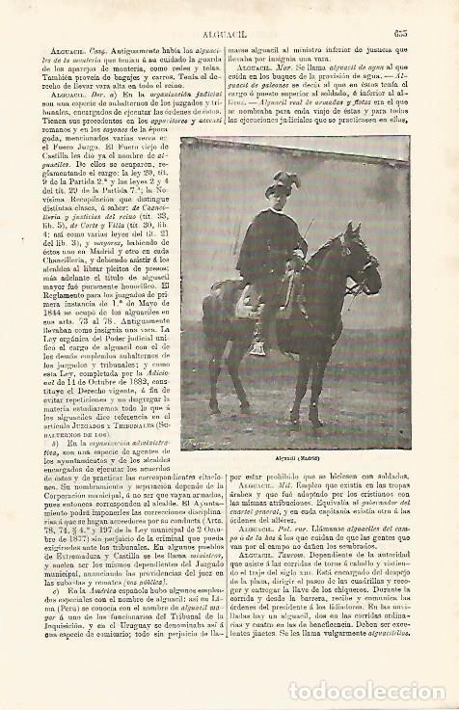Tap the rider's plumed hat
[285, 183]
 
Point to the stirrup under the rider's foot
[256, 348]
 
